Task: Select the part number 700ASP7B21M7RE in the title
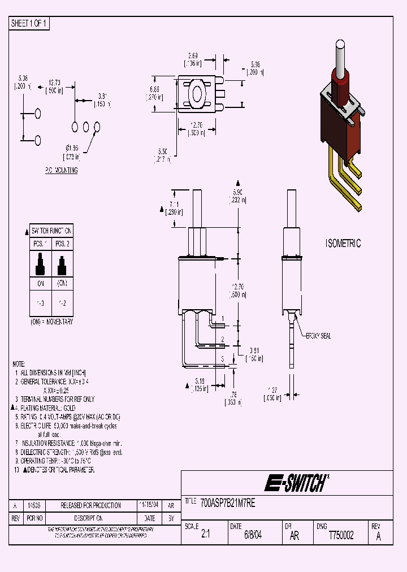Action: click(x=228, y=502)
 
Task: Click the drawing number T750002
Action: click(x=341, y=535)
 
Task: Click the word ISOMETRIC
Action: click(x=343, y=244)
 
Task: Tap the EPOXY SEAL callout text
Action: click(x=319, y=336)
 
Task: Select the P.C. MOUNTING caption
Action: click(x=61, y=170)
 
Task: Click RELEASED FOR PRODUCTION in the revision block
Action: click(x=90, y=505)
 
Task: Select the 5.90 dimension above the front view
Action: click(x=237, y=193)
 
